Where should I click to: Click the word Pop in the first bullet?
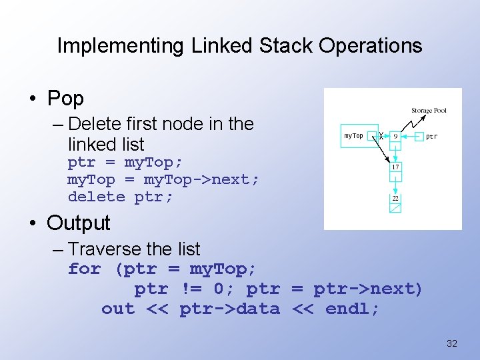point(65,99)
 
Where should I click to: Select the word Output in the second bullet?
point(79,223)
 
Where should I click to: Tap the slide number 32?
point(451,343)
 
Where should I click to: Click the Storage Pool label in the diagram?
point(429,111)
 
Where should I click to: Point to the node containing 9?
point(395,136)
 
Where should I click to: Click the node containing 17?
point(395,167)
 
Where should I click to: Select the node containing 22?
point(395,198)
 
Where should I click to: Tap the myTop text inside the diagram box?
point(353,136)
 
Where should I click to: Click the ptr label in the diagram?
point(432,137)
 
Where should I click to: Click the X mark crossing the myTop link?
point(381,136)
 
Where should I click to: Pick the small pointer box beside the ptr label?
point(419,137)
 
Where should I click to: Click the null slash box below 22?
point(395,208)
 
